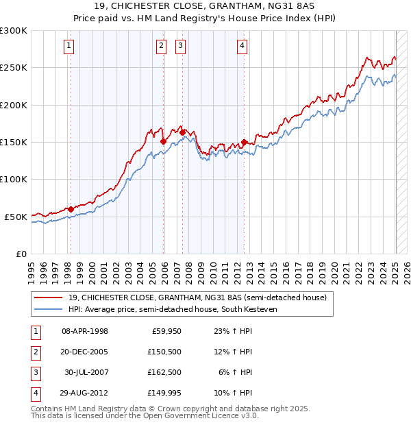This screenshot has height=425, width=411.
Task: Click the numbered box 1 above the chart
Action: pyautogui.click(x=70, y=46)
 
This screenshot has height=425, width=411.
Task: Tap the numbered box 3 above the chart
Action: pyautogui.click(x=180, y=46)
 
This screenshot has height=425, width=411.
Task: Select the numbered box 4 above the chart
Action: pyautogui.click(x=242, y=46)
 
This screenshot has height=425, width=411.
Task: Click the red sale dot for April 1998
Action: pyautogui.click(x=71, y=209)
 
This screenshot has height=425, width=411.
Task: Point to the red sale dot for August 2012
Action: pyautogui.click(x=244, y=143)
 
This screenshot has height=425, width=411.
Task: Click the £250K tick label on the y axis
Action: pyautogui.click(x=14, y=68)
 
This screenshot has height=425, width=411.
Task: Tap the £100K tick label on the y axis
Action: pyautogui.click(x=14, y=179)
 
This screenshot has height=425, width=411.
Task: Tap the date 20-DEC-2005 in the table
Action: pyautogui.click(x=85, y=352)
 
